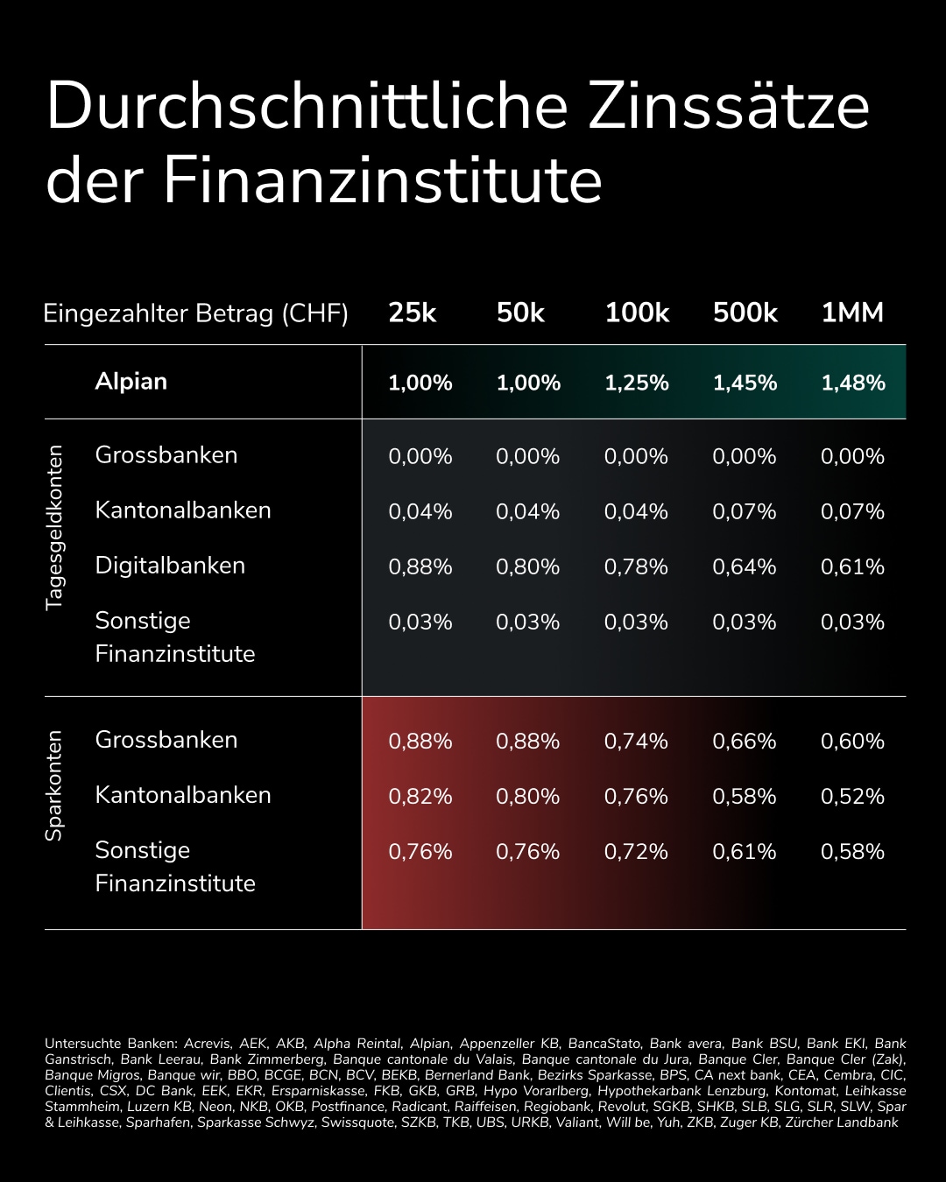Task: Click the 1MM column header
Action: (851, 313)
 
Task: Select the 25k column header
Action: (412, 313)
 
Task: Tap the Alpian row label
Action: (131, 382)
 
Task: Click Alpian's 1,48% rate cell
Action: (852, 383)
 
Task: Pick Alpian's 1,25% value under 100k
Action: (636, 383)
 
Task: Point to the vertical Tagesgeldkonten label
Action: (54, 527)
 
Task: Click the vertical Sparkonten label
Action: (54, 786)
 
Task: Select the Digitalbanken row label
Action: (170, 566)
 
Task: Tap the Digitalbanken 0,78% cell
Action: (636, 567)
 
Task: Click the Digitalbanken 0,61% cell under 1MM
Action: (852, 567)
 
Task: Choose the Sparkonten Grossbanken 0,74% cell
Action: (636, 742)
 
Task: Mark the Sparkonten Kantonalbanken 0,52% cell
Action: (852, 797)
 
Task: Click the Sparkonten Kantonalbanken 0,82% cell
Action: (420, 797)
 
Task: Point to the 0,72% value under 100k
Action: (636, 852)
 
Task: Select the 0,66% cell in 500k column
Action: (744, 742)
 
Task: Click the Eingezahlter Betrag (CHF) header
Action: (195, 313)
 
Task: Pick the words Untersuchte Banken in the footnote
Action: (111, 1044)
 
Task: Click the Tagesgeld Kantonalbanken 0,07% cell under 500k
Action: (744, 512)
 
